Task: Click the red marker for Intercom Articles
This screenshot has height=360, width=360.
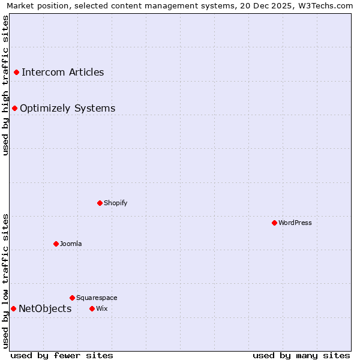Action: [x=16, y=73]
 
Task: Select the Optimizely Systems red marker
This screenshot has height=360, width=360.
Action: [x=14, y=109]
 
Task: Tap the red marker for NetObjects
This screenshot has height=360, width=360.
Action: [x=13, y=309]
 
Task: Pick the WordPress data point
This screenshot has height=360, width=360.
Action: [x=274, y=223]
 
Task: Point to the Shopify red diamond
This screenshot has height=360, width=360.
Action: [x=100, y=203]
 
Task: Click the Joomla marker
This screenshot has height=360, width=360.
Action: [x=56, y=244]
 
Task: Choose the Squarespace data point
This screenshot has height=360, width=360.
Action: [x=72, y=298]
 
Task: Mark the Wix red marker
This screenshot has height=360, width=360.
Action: [x=92, y=309]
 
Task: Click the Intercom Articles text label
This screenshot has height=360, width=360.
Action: [x=63, y=73]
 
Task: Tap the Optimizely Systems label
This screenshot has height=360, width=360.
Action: [x=68, y=109]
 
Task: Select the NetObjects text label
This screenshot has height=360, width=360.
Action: [x=45, y=309]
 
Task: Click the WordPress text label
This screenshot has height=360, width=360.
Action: [x=295, y=223]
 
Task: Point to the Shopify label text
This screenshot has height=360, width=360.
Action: [x=116, y=203]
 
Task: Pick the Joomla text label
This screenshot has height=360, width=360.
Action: [x=71, y=244]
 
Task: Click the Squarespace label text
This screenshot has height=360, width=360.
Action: [x=97, y=298]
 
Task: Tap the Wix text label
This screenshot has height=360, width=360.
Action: [x=101, y=309]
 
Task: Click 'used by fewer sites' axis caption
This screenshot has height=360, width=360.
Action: [x=62, y=355]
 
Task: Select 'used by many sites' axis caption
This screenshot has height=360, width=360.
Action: [x=301, y=355]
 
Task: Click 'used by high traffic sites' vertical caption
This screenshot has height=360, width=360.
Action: [x=5, y=85]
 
